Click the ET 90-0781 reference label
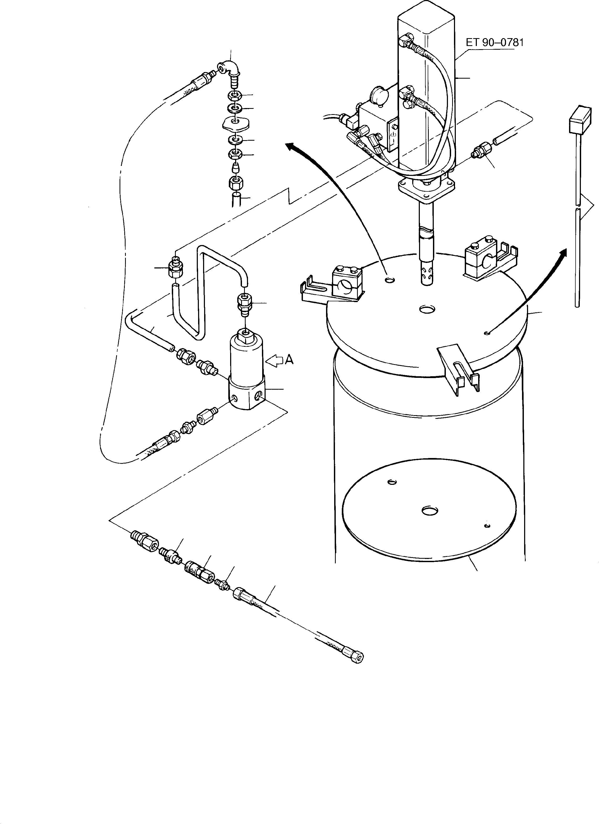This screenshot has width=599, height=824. [x=494, y=43]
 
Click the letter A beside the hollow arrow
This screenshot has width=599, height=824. [x=289, y=360]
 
